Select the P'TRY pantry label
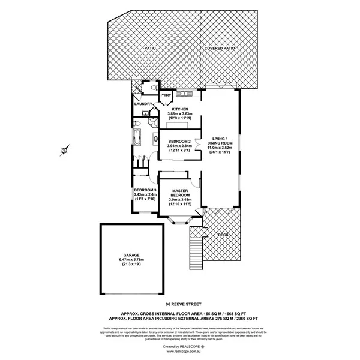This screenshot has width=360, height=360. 164,95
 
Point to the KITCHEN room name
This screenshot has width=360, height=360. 181,109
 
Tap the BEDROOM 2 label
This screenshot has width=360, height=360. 179,141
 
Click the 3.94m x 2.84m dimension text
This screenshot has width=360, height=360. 179,146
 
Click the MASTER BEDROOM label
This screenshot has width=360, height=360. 180,193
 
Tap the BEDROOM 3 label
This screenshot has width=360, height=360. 145,190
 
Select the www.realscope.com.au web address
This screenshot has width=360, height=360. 179,352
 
